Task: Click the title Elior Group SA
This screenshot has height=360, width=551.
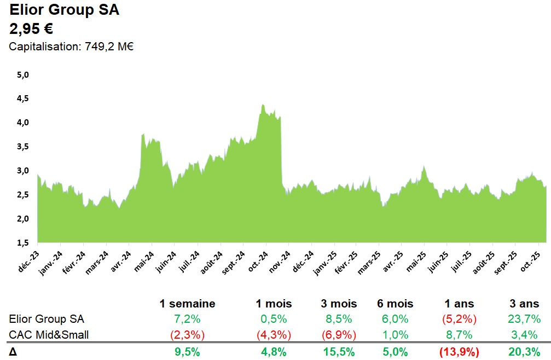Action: [64, 10]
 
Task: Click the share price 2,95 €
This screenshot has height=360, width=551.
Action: [31, 28]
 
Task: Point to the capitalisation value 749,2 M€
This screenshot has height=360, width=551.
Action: [109, 47]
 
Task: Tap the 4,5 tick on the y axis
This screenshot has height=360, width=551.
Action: [22, 98]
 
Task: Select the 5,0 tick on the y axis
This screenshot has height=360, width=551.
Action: [22, 74]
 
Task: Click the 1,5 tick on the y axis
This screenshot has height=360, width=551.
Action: [22, 243]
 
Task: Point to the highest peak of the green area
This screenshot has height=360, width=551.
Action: [263, 105]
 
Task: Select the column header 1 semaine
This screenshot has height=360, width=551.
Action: [187, 304]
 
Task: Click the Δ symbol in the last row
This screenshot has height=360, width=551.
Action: [13, 352]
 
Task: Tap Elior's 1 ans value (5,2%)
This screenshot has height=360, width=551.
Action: [459, 319]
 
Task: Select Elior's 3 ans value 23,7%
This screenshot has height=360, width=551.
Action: [523, 319]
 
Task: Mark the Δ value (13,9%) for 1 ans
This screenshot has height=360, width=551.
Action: [459, 352]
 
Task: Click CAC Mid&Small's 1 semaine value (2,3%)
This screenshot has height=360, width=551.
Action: [187, 334]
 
